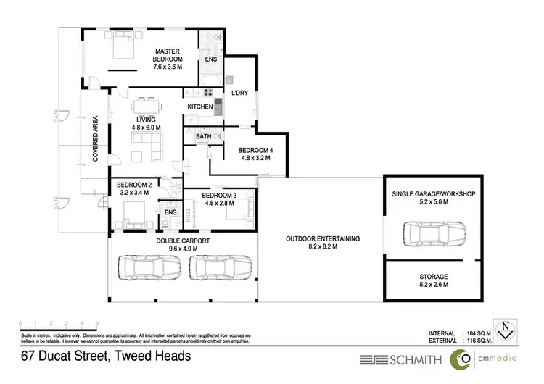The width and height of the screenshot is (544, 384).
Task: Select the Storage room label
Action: point(433,277)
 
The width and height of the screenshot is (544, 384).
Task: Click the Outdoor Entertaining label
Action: point(323,239)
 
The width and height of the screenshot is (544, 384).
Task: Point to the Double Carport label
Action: point(183,241)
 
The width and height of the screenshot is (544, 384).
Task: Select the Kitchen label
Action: point(200,107)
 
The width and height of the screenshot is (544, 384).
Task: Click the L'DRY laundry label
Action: point(240,93)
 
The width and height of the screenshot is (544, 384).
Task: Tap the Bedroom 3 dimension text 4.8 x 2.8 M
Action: point(219,204)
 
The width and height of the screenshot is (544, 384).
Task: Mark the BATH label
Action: point(203,135)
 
